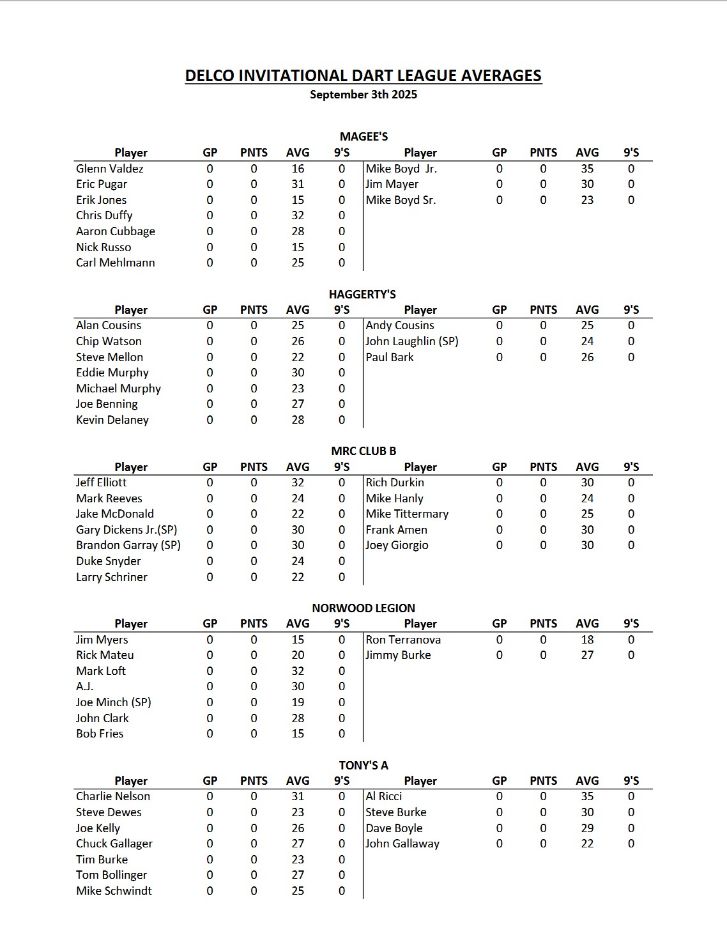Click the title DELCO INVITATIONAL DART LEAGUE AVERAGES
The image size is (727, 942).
tap(363, 75)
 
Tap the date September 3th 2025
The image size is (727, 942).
tap(363, 95)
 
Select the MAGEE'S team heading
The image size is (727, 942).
tap(363, 136)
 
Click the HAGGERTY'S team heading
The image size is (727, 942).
tap(362, 294)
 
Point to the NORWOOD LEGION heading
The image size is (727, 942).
tap(363, 608)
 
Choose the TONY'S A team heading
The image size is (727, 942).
tap(363, 765)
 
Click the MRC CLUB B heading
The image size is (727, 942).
tap(363, 451)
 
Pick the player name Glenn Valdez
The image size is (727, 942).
tap(109, 169)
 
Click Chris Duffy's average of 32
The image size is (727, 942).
tap(298, 215)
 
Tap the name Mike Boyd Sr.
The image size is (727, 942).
tap(401, 200)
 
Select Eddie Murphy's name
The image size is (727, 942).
tap(112, 373)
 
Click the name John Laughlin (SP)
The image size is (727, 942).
tap(411, 341)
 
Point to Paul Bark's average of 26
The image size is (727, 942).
tap(587, 357)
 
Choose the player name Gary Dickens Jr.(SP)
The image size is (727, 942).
tap(126, 530)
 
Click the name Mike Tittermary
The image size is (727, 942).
tap(407, 514)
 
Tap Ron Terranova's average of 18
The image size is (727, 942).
tap(587, 640)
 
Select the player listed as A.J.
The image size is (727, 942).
tap(84, 686)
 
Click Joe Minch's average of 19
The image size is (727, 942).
tap(298, 702)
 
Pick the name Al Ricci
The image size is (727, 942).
tap(383, 796)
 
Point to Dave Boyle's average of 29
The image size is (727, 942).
tap(587, 828)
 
